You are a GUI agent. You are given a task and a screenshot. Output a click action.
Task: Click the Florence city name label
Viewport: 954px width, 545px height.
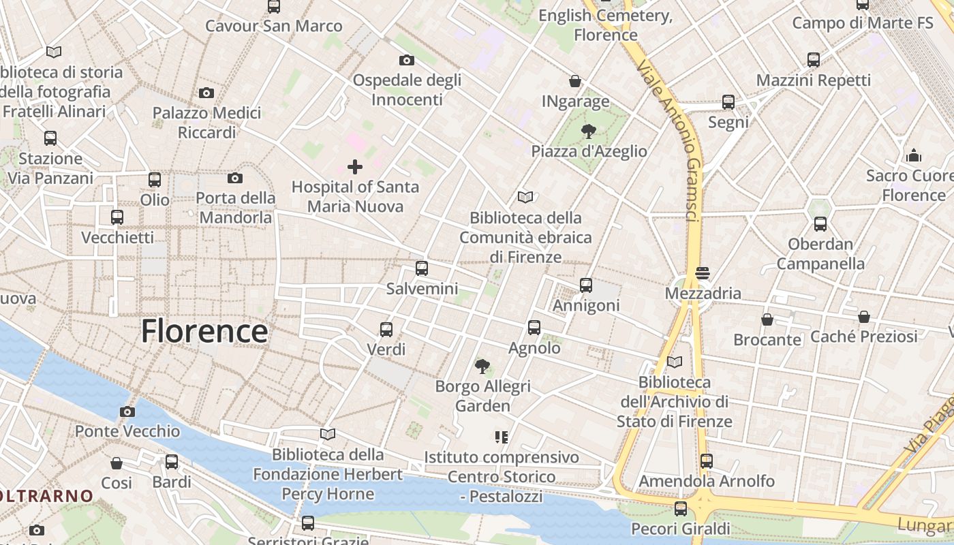pyautogui.click(x=204, y=332)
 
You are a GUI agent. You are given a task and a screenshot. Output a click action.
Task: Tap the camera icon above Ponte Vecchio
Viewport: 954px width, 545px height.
pyautogui.click(x=127, y=411)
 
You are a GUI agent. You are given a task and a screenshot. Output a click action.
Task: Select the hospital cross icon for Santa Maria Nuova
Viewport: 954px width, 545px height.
pyautogui.click(x=354, y=167)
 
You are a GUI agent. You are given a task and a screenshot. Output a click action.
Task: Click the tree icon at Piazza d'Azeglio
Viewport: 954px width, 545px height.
pyautogui.click(x=588, y=131)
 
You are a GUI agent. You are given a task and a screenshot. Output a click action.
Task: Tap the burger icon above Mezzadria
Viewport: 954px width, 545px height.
pyautogui.click(x=703, y=274)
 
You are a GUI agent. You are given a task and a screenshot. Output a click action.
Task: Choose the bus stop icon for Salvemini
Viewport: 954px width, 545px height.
pyautogui.click(x=422, y=268)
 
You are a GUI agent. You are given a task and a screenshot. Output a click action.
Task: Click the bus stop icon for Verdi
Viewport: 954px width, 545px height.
pyautogui.click(x=386, y=330)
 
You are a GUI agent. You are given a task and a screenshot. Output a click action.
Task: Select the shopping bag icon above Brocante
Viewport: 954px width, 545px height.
pyautogui.click(x=767, y=320)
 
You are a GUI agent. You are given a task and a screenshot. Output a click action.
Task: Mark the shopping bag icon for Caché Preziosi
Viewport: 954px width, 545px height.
pyautogui.click(x=863, y=317)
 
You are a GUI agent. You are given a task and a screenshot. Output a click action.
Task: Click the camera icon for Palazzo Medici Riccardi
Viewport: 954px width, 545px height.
pyautogui.click(x=206, y=93)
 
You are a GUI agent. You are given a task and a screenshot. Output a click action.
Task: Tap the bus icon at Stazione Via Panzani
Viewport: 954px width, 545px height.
pyautogui.click(x=50, y=138)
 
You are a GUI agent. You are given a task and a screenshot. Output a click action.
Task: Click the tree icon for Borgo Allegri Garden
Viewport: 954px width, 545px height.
pyautogui.click(x=482, y=367)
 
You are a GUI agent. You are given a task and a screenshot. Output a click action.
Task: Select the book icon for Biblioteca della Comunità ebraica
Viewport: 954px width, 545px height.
pyautogui.click(x=525, y=198)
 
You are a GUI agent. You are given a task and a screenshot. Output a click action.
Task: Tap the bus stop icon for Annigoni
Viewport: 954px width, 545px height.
pyautogui.click(x=586, y=285)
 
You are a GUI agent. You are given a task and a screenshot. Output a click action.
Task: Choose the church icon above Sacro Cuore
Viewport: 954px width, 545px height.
pyautogui.click(x=914, y=156)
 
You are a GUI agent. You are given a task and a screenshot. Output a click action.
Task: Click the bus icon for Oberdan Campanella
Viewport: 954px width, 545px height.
pyautogui.click(x=820, y=224)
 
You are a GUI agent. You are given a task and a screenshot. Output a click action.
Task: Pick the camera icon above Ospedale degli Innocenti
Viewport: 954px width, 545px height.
pyautogui.click(x=407, y=60)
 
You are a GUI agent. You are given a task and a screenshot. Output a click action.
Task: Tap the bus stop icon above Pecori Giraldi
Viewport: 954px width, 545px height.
pyautogui.click(x=680, y=508)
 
